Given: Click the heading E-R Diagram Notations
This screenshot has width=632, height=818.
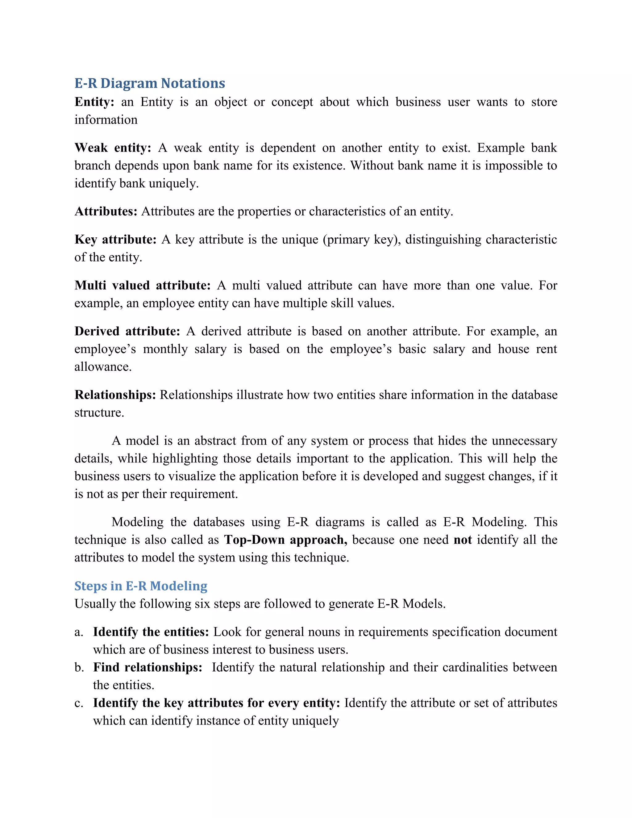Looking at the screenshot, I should [149, 83].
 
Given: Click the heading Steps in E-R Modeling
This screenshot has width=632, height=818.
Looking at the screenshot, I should [141, 586].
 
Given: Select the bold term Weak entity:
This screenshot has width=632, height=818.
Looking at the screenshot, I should [112, 148].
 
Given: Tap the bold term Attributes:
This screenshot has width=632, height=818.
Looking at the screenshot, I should [106, 212].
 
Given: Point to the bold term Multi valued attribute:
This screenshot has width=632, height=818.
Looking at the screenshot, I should [143, 286].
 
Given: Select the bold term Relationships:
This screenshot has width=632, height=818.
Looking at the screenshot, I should [115, 395].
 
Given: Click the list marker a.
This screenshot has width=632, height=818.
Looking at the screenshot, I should [78, 632].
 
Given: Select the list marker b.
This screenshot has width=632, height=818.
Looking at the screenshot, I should [79, 668].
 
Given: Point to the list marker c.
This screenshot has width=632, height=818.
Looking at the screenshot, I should [78, 703].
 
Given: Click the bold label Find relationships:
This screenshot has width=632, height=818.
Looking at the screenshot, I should [148, 668].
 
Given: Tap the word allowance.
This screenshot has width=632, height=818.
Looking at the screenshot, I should [103, 367].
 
